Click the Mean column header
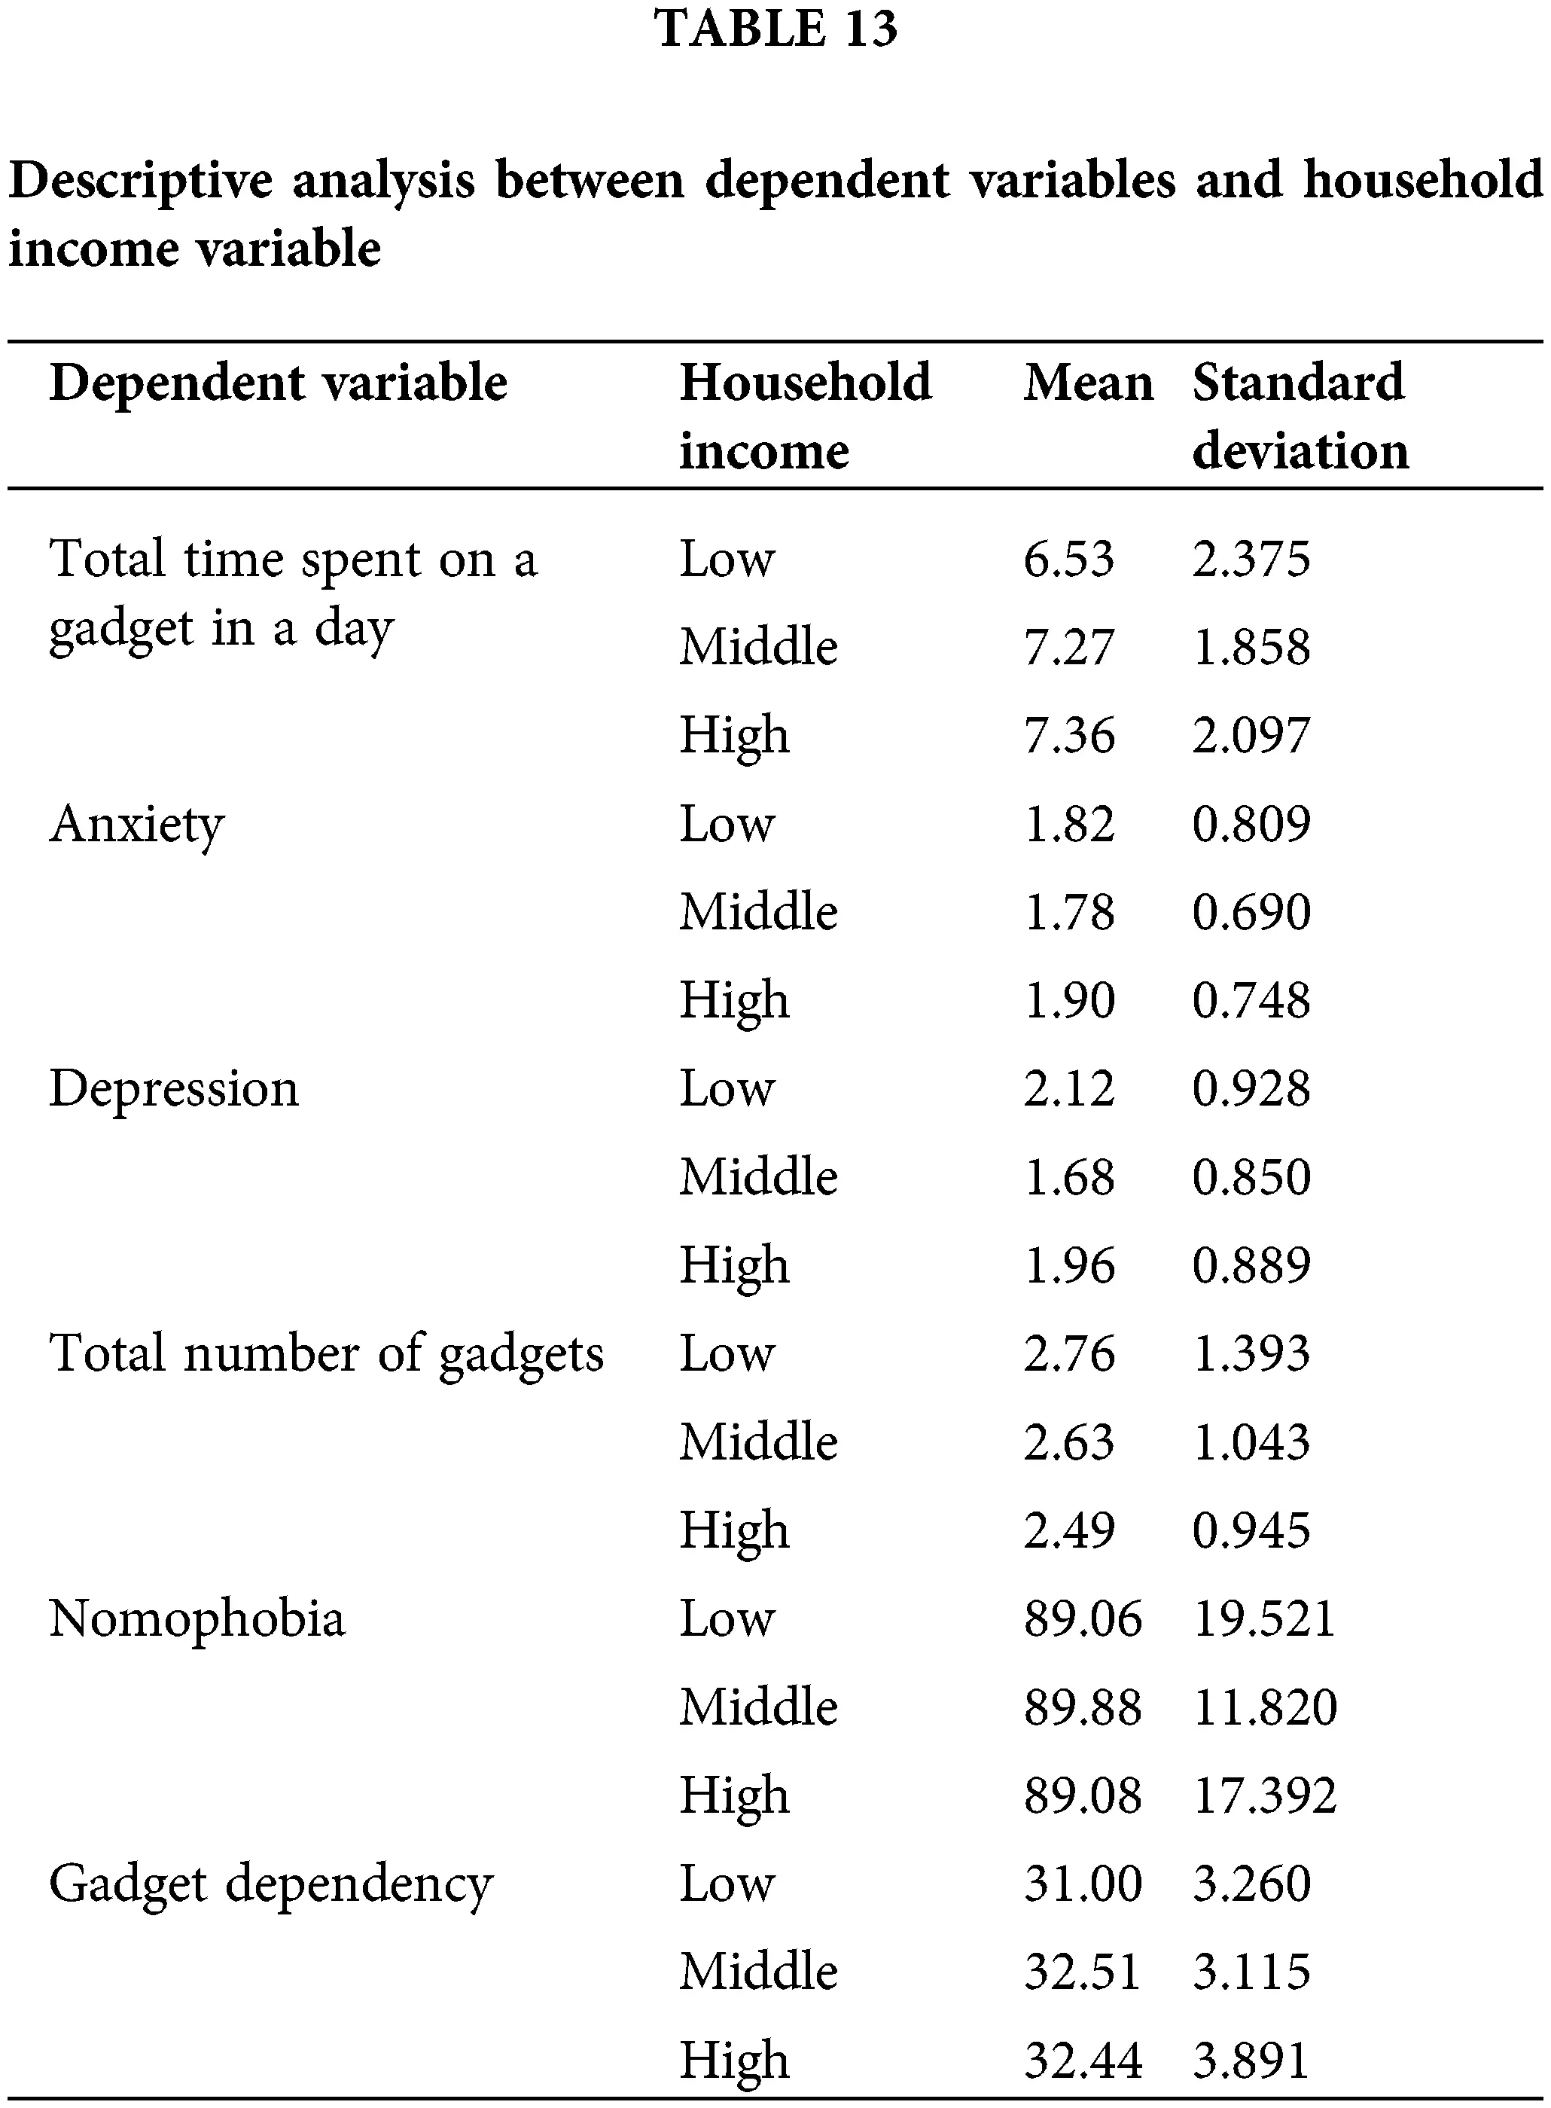coord(1087,383)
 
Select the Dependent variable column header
coord(278,383)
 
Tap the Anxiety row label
coord(137,825)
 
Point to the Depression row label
coord(174,1089)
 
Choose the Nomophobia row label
coord(197,1618)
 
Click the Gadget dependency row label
coord(270,1884)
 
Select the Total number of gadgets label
coord(326,1354)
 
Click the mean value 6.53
coord(1068,560)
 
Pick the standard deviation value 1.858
coord(1251,648)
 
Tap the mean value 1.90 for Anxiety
coord(1068,1001)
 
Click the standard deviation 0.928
coord(1251,1089)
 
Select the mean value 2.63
coord(1068,1442)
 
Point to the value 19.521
coord(1263,1618)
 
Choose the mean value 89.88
coord(1082,1707)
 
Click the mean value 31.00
coord(1082,1884)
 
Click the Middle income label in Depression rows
coord(757,1177)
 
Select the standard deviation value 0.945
coord(1251,1530)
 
